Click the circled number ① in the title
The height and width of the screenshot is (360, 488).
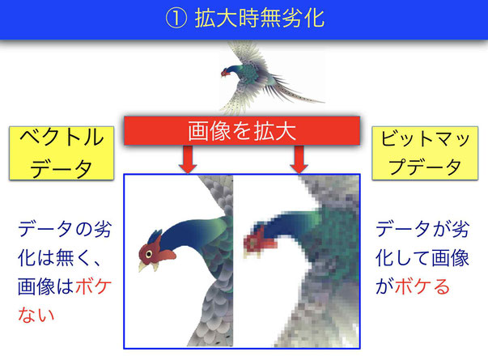click(x=176, y=19)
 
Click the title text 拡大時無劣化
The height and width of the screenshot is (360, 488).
click(x=260, y=19)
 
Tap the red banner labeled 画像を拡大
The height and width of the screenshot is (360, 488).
click(x=242, y=131)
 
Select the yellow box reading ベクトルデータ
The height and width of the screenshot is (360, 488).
click(x=62, y=153)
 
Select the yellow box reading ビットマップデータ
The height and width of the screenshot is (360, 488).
click(x=425, y=153)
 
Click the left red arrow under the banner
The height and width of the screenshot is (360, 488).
click(x=188, y=159)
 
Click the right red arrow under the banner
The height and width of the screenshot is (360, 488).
click(x=299, y=159)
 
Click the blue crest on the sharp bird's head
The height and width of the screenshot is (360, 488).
click(x=155, y=237)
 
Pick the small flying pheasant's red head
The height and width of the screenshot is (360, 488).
click(x=224, y=73)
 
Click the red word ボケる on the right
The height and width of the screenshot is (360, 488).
click(x=422, y=286)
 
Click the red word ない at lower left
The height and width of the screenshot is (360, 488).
click(x=36, y=315)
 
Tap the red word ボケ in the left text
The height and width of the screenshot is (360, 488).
click(x=93, y=286)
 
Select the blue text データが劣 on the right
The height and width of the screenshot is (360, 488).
click(x=422, y=229)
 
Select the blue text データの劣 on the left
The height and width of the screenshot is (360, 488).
click(x=65, y=229)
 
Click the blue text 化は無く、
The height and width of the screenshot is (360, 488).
click(x=59, y=258)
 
